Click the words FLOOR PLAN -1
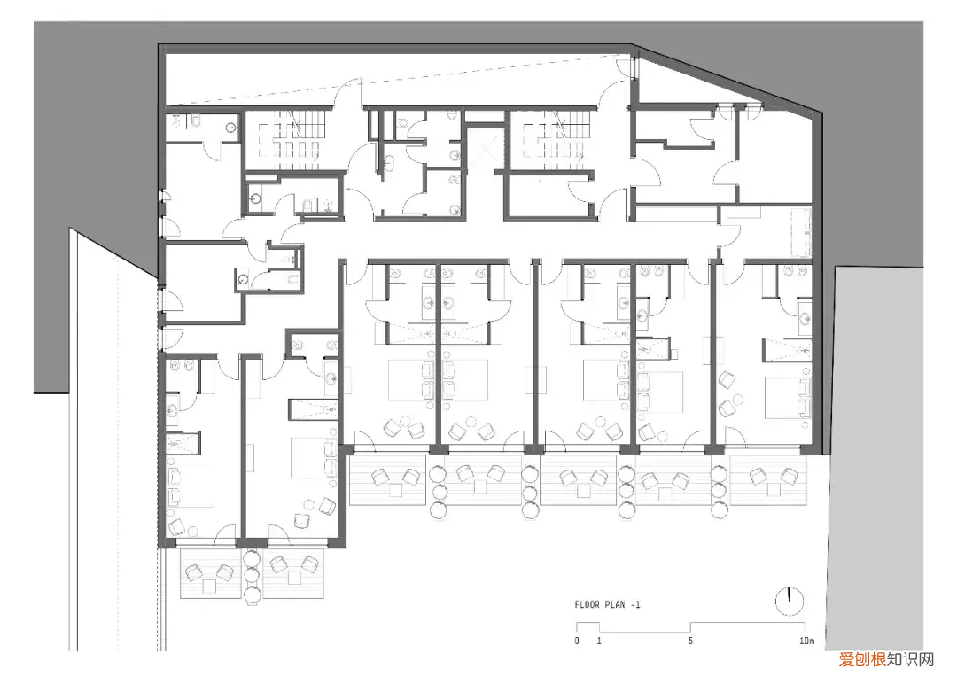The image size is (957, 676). [x=607, y=604]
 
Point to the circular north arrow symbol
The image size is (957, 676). [x=790, y=601]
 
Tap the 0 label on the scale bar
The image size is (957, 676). [x=577, y=641]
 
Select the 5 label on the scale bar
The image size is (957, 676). [x=690, y=641]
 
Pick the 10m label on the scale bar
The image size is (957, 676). [x=806, y=641]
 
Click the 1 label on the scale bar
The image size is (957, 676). [x=599, y=641]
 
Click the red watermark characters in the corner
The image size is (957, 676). [x=862, y=659]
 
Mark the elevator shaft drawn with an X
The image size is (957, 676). [x=486, y=147]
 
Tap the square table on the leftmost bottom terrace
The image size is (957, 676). [x=209, y=587]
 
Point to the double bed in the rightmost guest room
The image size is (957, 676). [x=789, y=397]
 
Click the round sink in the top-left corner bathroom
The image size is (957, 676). [x=231, y=128]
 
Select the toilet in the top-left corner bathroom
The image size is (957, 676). [x=195, y=120]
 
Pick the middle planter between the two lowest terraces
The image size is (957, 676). [x=252, y=575]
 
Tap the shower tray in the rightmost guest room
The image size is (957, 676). [x=788, y=350]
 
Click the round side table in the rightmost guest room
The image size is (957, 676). [x=738, y=400]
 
